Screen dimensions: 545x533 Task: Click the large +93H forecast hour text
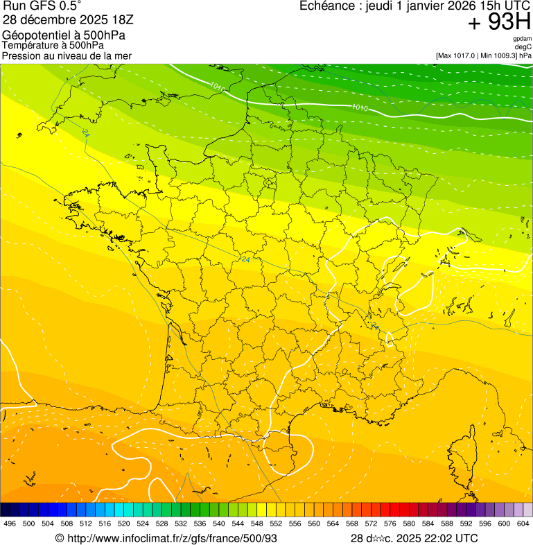(499, 22)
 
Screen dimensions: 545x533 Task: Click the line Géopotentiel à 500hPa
(64, 35)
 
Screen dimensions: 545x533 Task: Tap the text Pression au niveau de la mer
(67, 55)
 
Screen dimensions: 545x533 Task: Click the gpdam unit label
(522, 39)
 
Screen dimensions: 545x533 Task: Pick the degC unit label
(523, 47)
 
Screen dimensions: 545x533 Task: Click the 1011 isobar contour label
(217, 87)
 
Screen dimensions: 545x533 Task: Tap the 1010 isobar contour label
(359, 107)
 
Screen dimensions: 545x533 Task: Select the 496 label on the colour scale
(10, 524)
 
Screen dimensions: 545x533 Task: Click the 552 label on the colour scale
(275, 524)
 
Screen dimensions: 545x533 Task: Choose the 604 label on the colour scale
(523, 524)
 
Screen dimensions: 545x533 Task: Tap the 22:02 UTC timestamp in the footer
(447, 538)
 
